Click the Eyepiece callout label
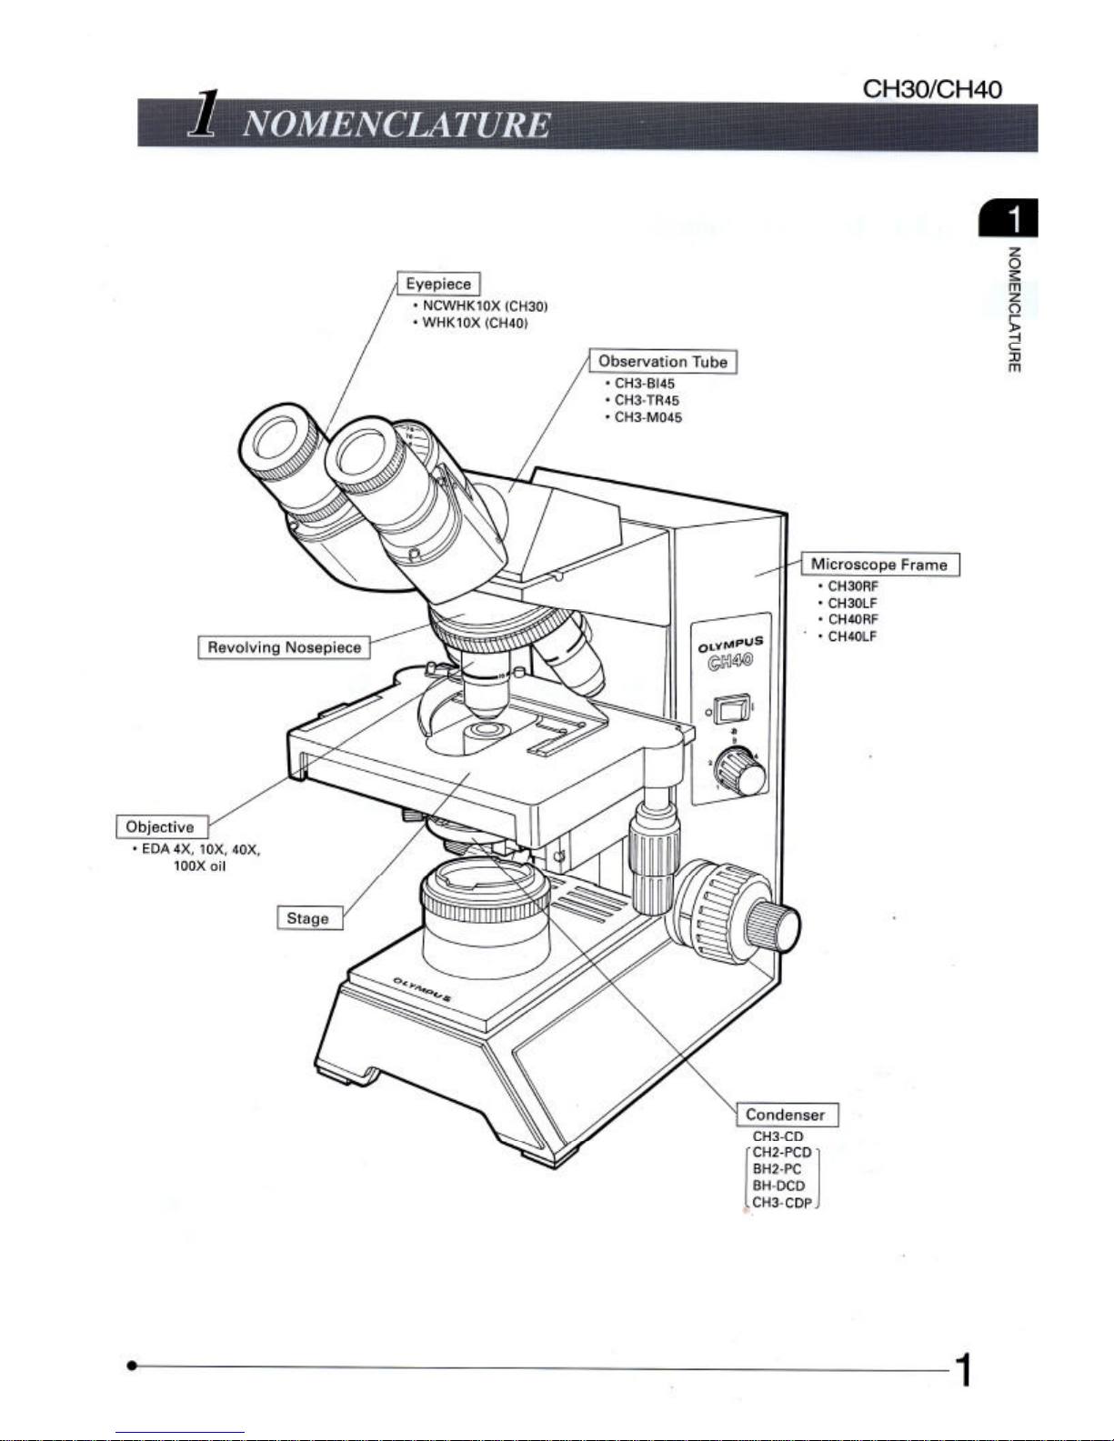click(x=438, y=284)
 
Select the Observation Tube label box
click(x=663, y=362)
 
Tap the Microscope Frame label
click(x=879, y=565)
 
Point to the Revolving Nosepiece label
click(x=284, y=647)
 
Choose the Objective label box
click(x=161, y=826)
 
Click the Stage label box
click(x=308, y=918)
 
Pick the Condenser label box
click(x=786, y=1115)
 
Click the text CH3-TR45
click(x=647, y=400)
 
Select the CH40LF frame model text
click(x=852, y=636)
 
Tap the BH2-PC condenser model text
click(x=777, y=1169)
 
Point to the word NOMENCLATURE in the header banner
click(x=396, y=125)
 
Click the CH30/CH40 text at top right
click(x=932, y=88)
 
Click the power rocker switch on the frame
click(x=731, y=709)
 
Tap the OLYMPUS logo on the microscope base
click(x=423, y=988)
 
